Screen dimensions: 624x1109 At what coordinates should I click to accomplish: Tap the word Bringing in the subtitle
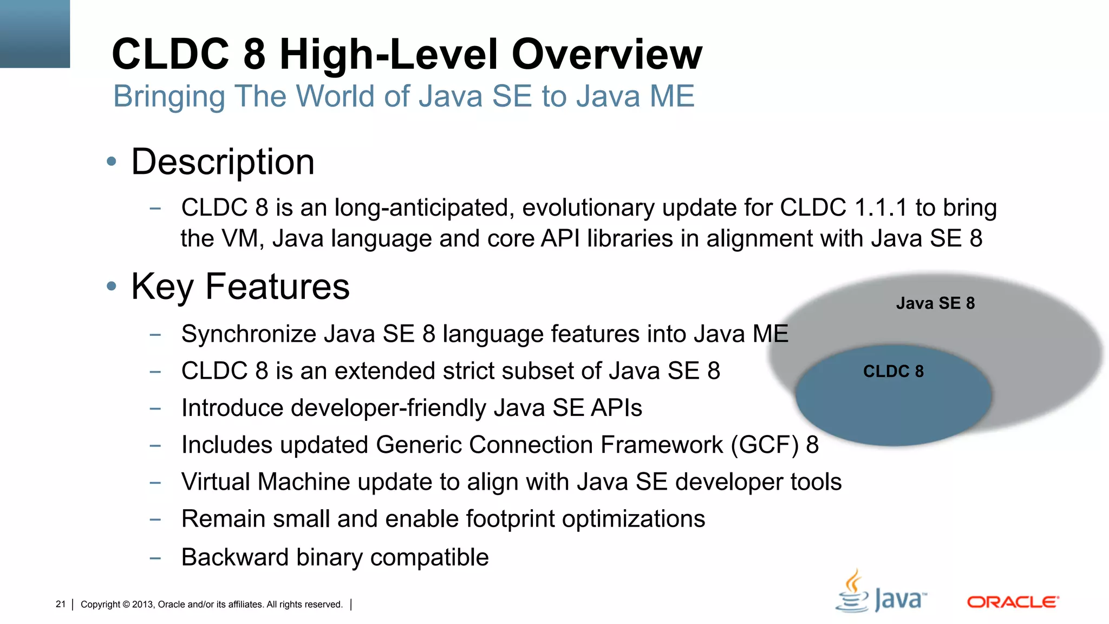coord(168,97)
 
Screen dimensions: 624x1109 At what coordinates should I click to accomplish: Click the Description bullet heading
coord(223,162)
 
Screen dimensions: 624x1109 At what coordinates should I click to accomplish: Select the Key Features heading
coord(240,287)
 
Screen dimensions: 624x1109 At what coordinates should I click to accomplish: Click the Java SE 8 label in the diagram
coord(935,303)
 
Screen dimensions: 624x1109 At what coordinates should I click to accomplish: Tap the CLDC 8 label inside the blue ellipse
coord(893,372)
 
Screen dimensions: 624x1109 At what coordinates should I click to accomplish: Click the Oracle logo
coord(1013,602)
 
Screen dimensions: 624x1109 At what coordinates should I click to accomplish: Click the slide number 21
coord(60,604)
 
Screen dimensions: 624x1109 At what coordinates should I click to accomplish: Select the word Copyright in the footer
coord(100,604)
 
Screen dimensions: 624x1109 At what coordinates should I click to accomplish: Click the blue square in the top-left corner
coord(35,34)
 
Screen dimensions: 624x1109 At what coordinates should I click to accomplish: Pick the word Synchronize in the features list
coord(248,334)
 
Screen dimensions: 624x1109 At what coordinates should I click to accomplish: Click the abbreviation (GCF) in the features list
coord(764,445)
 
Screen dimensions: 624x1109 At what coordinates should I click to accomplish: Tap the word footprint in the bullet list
coord(510,519)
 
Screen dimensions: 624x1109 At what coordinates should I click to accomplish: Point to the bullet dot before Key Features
coord(112,286)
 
